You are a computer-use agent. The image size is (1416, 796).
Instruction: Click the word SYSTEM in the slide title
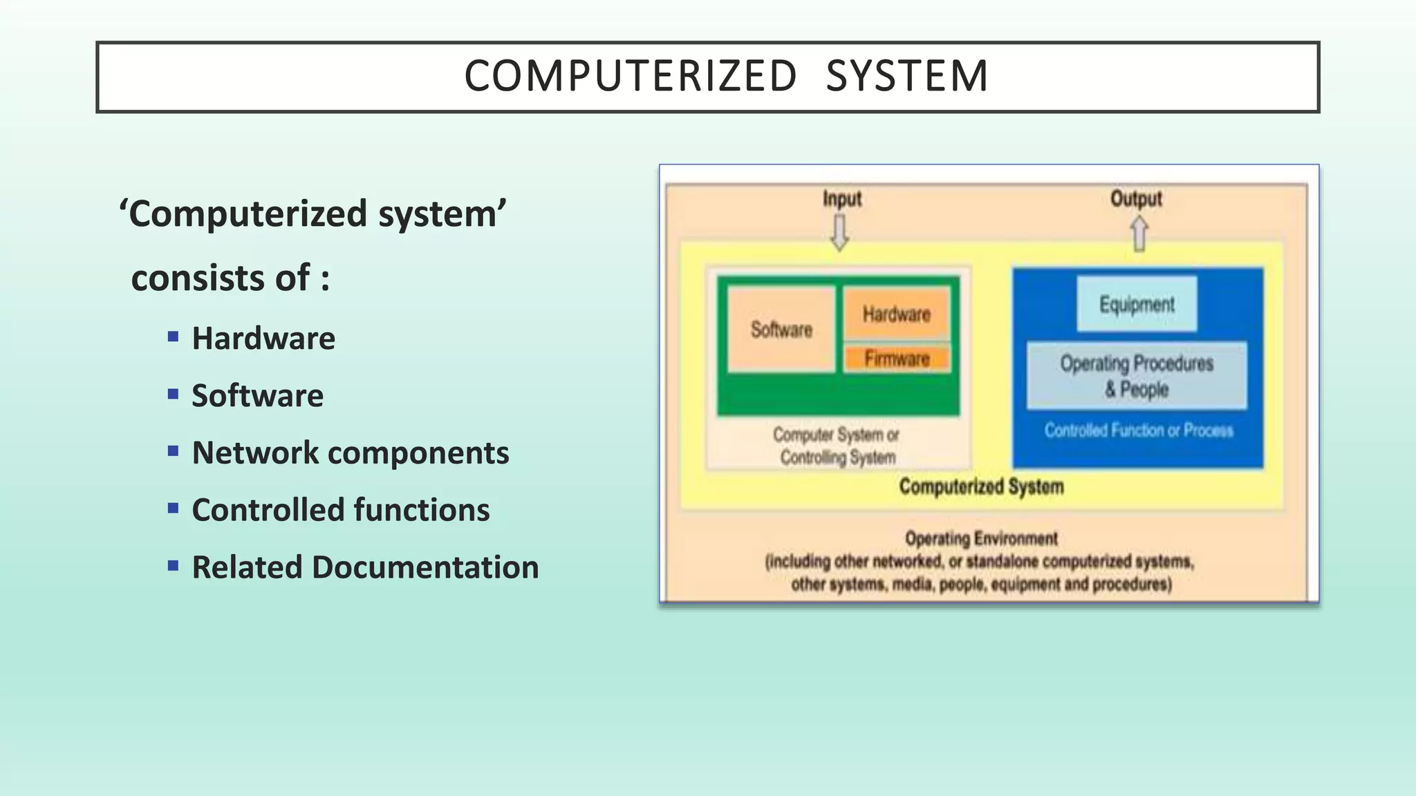point(906,76)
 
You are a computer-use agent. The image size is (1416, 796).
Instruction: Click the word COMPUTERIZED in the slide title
point(630,76)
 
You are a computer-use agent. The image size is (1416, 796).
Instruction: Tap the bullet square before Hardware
point(173,337)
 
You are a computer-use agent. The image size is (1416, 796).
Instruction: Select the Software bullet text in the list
point(257,395)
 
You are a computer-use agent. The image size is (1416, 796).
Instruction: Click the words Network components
point(350,453)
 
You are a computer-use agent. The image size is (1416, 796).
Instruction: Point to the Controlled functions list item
point(340,510)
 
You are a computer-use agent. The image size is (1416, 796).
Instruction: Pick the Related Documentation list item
point(364,567)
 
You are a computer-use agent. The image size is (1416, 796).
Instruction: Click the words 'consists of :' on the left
point(230,278)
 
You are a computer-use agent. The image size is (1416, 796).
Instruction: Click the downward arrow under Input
point(839,233)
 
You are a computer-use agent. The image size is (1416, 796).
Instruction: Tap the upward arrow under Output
point(1139,234)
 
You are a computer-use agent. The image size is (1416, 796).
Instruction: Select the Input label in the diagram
point(841,199)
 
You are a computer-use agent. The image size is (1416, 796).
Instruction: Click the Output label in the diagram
point(1136,199)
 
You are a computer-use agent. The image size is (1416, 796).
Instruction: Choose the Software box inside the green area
point(781,330)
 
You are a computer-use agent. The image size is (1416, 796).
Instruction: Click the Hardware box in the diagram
point(896,314)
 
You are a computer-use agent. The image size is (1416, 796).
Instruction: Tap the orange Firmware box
point(897,359)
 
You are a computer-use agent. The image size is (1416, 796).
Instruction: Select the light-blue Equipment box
point(1137,304)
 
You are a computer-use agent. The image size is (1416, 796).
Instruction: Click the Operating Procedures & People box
point(1137,375)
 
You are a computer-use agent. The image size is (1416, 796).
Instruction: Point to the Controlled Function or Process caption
point(1138,430)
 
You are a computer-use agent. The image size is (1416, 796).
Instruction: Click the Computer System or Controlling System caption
point(837,446)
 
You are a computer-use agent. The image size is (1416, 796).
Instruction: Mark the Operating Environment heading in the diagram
point(981,538)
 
